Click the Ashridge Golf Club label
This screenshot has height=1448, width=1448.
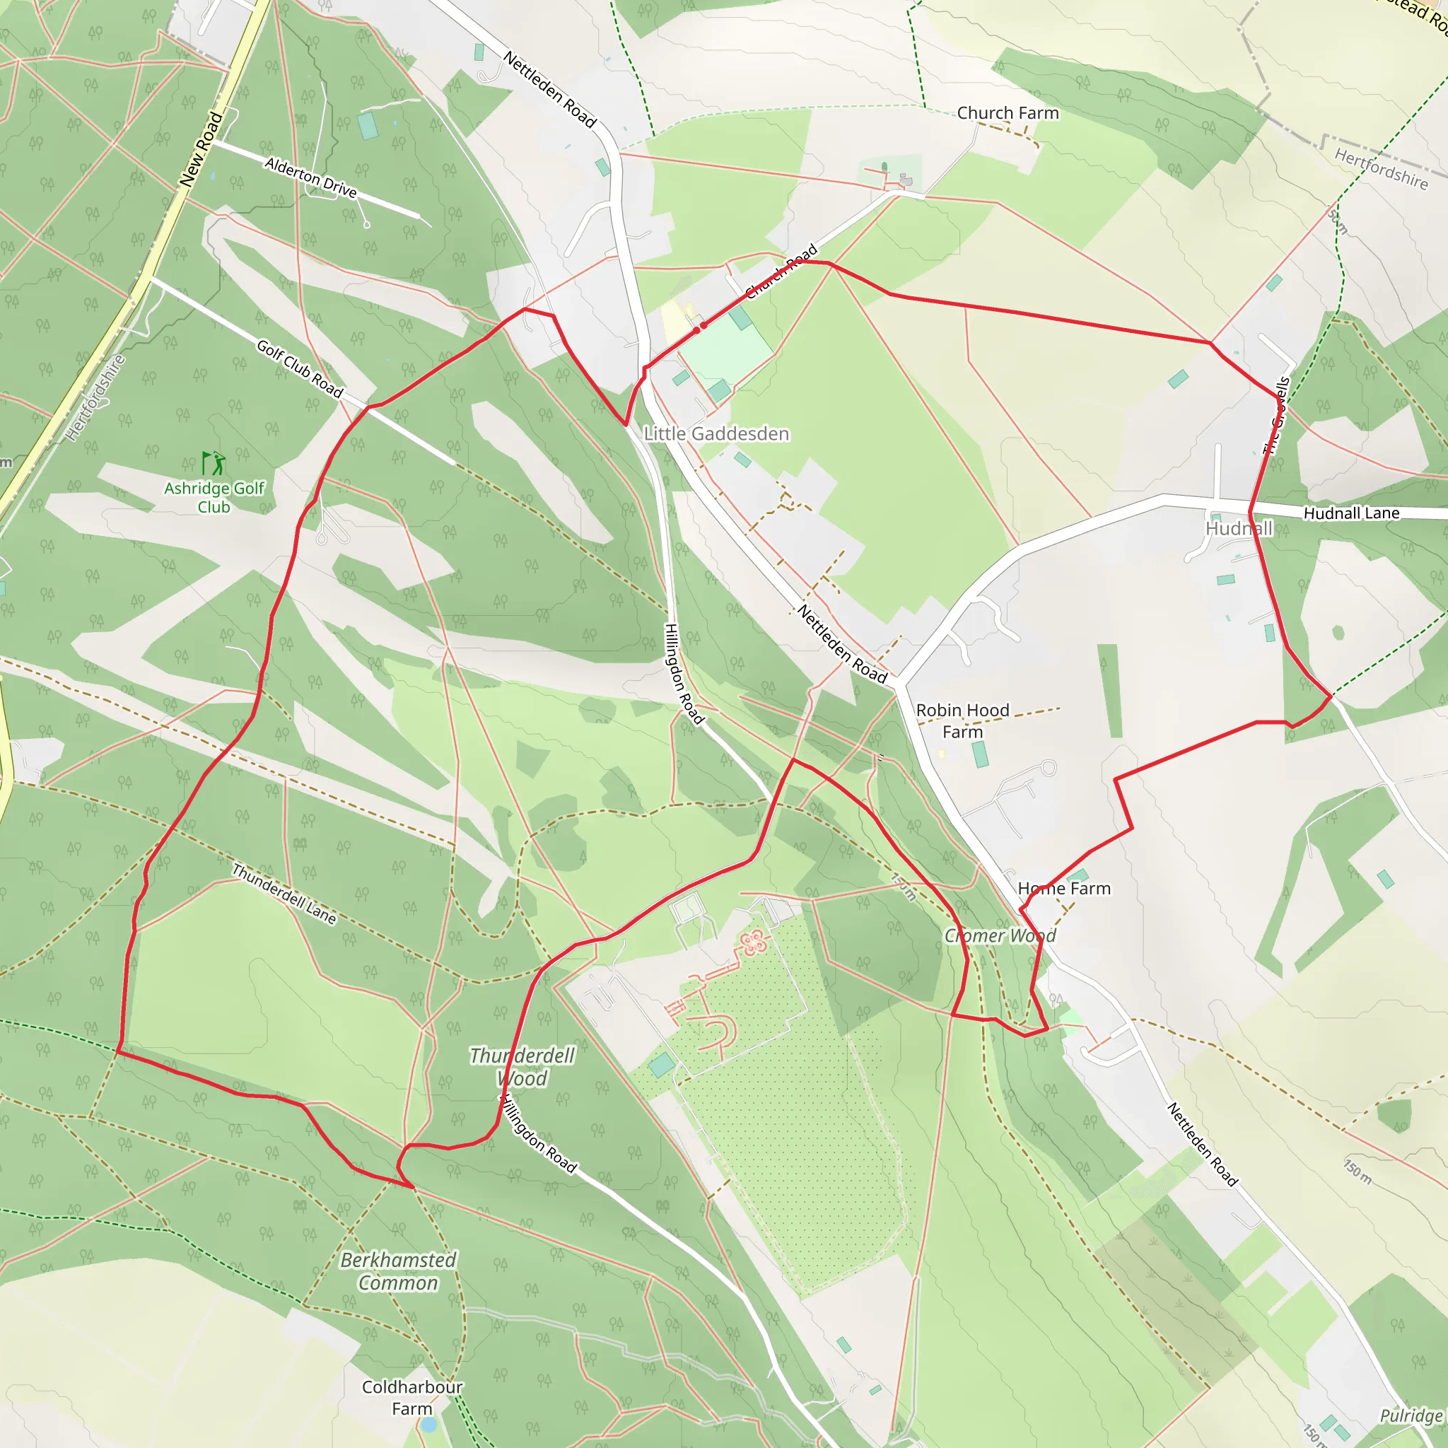tap(214, 497)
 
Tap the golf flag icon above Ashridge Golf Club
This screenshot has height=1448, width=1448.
tap(214, 463)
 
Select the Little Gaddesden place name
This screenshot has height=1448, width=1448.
tap(716, 434)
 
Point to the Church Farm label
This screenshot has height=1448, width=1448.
tap(1008, 113)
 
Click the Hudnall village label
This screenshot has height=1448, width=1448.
tap(1238, 528)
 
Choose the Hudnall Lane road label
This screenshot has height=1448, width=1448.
tap(1351, 513)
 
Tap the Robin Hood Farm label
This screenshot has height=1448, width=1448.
tap(962, 720)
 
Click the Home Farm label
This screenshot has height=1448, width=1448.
tap(1063, 888)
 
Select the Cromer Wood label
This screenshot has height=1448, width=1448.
tap(1000, 935)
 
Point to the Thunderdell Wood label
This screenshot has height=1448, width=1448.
tap(522, 1066)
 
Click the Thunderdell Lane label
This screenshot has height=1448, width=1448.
tap(284, 894)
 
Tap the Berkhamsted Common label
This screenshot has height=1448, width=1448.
tap(398, 1271)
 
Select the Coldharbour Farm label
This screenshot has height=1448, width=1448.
tap(411, 1397)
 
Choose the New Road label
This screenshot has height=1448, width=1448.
tap(201, 149)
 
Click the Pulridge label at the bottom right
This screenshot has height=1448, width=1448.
tap(1411, 1415)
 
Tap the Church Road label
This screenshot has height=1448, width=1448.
tap(781, 271)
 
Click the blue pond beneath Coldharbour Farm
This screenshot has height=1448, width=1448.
tap(427, 1424)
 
